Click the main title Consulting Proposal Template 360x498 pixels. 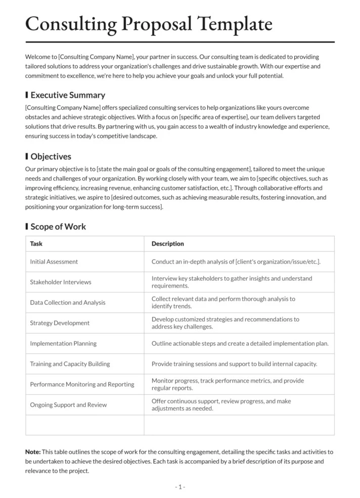[149, 24]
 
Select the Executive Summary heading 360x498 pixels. [68, 95]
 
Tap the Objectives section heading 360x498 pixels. [51, 157]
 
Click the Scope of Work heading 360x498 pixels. [58, 227]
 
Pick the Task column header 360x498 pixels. [36, 244]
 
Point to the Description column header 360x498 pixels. [167, 244]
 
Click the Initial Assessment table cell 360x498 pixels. [54, 262]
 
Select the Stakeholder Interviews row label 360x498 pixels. [61, 282]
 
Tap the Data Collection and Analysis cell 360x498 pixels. [68, 303]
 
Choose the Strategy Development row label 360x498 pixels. [60, 323]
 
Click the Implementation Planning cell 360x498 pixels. [63, 344]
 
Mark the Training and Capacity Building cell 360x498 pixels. [70, 364]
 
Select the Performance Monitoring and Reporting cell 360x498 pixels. [82, 385]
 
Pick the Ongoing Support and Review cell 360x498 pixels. [68, 405]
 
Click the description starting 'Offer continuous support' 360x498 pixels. [221, 405]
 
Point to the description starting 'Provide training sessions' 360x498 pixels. [234, 364]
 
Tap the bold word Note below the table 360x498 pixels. [33, 452]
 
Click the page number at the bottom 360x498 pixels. [180, 487]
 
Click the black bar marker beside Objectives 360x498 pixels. [27, 157]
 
